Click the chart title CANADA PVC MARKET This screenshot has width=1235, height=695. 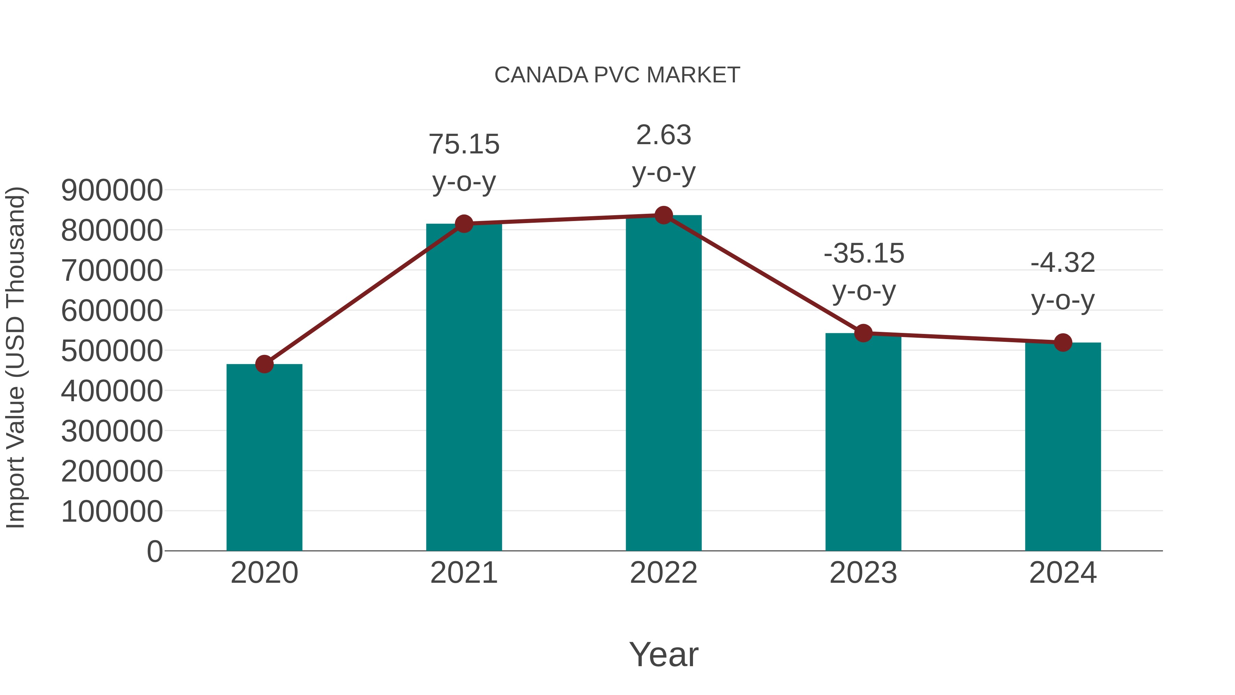[617, 75]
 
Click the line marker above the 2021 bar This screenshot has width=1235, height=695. [463, 223]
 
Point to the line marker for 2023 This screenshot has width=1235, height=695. [863, 333]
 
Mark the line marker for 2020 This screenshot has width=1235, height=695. [264, 364]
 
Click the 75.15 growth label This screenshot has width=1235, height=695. [463, 144]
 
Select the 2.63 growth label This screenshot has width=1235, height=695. [663, 135]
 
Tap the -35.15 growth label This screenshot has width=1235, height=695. [863, 253]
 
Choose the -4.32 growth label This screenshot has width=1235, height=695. [1063, 263]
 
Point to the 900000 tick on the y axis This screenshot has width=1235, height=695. [112, 190]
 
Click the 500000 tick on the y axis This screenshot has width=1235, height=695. [112, 351]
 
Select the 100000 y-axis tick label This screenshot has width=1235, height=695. [112, 511]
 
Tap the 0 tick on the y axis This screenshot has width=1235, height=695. [154, 552]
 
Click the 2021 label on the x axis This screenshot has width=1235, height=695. [463, 573]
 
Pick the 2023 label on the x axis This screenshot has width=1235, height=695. [863, 573]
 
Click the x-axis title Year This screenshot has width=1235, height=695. [663, 655]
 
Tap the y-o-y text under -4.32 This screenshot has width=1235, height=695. [1063, 301]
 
